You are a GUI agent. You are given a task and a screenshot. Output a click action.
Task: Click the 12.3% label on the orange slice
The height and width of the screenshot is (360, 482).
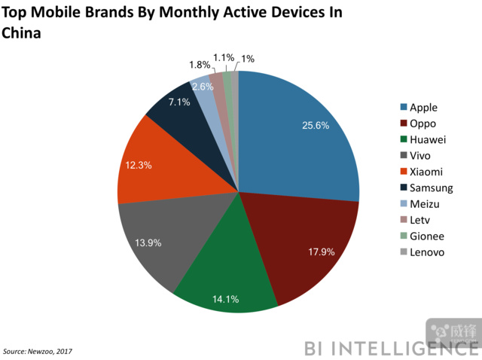pyautogui.click(x=139, y=164)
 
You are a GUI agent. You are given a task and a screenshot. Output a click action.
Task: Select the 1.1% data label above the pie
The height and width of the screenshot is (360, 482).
pyautogui.click(x=224, y=57)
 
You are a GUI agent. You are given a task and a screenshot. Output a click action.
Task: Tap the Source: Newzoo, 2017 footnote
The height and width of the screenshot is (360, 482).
pyautogui.click(x=38, y=351)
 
